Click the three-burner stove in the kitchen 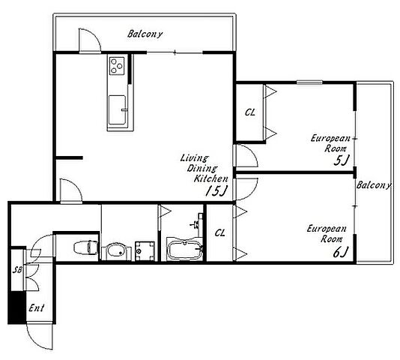[117, 66]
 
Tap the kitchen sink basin [117, 110]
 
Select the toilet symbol [85, 247]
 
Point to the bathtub [185, 250]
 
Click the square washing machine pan [145, 251]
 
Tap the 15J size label [216, 190]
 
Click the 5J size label [341, 160]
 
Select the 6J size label [340, 253]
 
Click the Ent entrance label [37, 308]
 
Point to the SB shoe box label [17, 270]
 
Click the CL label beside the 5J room [249, 112]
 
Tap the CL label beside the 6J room [220, 233]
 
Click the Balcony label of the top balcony [145, 34]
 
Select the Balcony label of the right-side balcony [374, 185]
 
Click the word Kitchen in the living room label [210, 178]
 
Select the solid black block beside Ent [17, 307]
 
